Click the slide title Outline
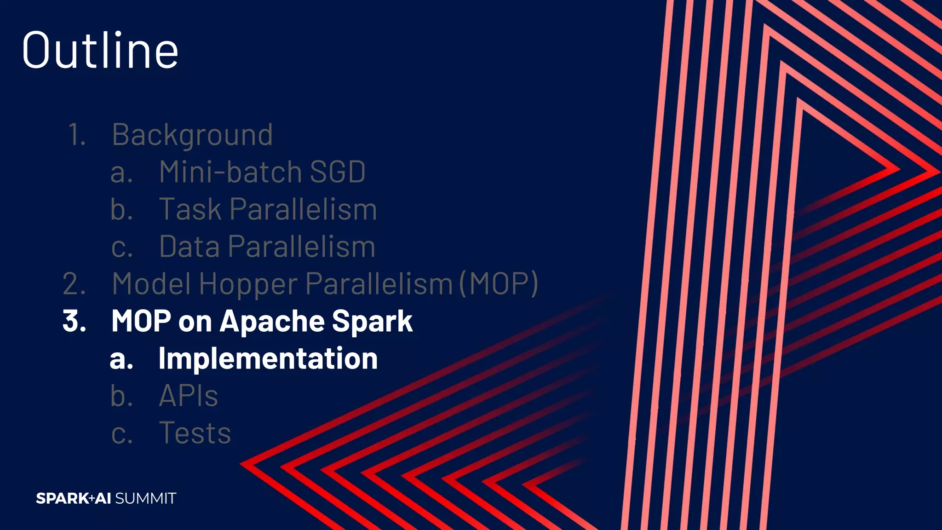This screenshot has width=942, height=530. click(x=100, y=50)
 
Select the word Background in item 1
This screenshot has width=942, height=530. click(x=192, y=135)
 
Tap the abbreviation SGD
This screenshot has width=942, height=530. click(x=338, y=172)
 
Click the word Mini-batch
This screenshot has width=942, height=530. click(x=230, y=172)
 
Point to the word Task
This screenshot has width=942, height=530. click(x=190, y=209)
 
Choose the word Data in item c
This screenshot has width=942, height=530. click(x=189, y=247)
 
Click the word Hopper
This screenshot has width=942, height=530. click(x=248, y=283)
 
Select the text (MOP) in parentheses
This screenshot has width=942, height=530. click(x=499, y=283)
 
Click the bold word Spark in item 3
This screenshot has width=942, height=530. click(x=372, y=321)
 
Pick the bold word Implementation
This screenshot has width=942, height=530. click(x=268, y=358)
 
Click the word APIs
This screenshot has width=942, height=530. click(x=188, y=396)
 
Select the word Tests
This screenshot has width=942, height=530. click(x=195, y=433)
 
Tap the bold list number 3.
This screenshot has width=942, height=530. click(x=74, y=321)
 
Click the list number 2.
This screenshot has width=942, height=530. click(x=74, y=283)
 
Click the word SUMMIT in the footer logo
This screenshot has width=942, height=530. click(x=145, y=498)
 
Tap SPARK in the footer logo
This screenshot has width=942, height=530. click(x=62, y=498)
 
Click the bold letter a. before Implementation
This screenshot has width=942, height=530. click(x=121, y=359)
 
